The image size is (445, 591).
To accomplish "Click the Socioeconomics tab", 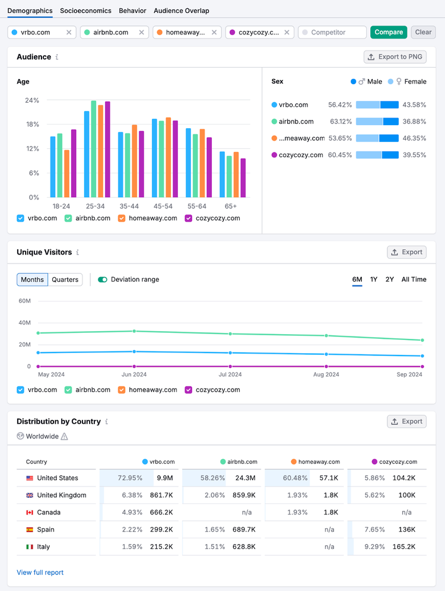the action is click(85, 11).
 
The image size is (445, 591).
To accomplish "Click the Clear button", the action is click(423, 33).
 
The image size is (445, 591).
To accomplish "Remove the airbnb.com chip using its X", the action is click(141, 33).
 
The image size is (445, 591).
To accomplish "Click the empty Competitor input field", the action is click(332, 33).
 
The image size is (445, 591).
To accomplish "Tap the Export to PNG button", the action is click(395, 57).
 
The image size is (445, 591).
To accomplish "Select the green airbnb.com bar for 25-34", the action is click(93, 149).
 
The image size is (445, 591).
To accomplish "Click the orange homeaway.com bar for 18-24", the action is click(66, 173).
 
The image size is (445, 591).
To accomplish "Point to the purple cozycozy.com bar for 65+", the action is click(243, 178).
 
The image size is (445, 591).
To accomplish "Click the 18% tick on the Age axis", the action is click(33, 125).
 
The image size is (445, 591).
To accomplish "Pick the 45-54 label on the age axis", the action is click(163, 206).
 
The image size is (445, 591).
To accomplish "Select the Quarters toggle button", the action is click(65, 279).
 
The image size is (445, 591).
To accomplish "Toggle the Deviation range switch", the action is click(103, 279).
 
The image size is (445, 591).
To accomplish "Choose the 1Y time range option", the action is click(373, 279).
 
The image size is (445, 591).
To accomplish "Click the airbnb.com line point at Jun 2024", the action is click(134, 331).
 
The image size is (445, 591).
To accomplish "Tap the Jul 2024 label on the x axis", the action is click(230, 374).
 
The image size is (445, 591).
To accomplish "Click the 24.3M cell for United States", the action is click(245, 478).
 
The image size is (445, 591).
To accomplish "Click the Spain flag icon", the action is click(30, 529).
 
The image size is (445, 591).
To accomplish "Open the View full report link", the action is click(40, 573).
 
